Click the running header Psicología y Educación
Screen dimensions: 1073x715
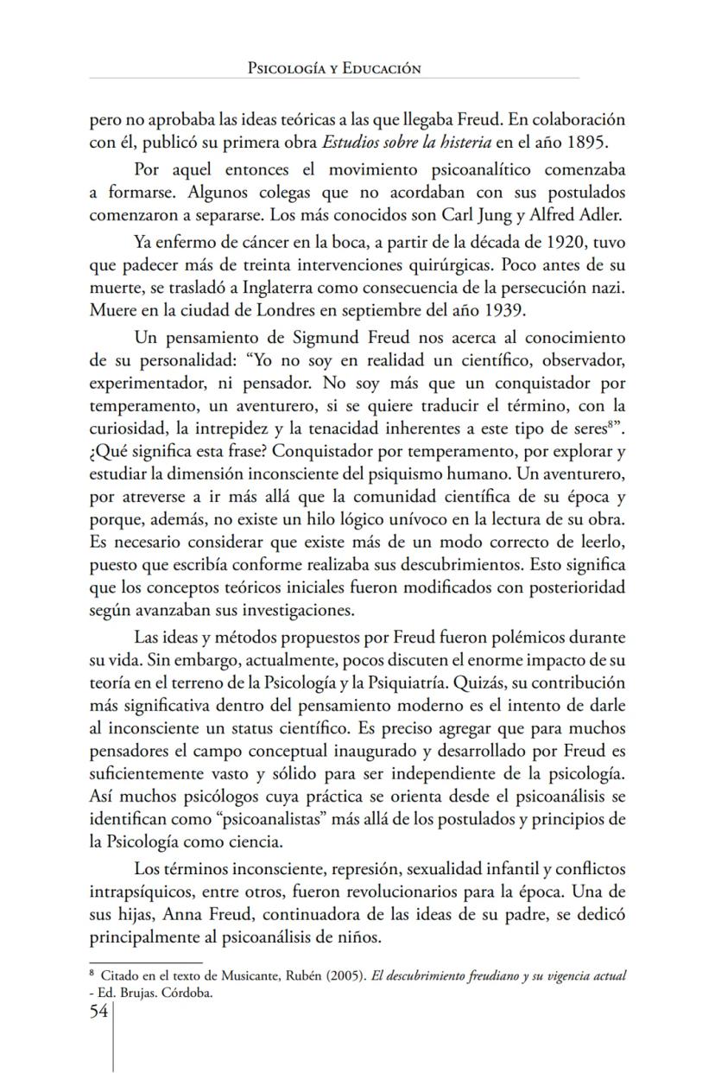334,68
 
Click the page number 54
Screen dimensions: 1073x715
99,1012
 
